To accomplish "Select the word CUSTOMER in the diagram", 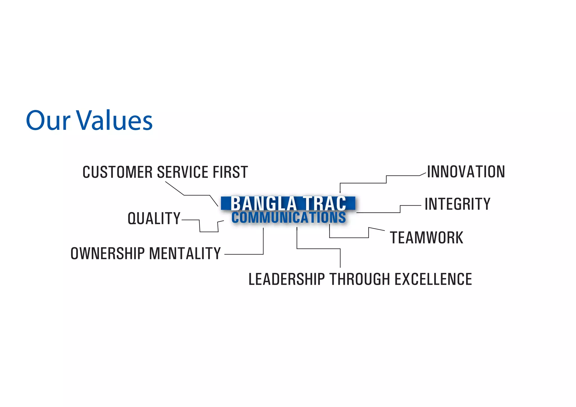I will pyautogui.click(x=118, y=172).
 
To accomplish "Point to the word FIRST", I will pyautogui.click(x=230, y=172).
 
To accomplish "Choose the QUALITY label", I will pyautogui.click(x=154, y=218).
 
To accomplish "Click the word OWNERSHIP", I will pyautogui.click(x=108, y=253).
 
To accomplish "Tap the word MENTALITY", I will pyautogui.click(x=185, y=253).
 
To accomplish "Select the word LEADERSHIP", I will pyautogui.click(x=287, y=279).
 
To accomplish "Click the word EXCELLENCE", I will pyautogui.click(x=433, y=279).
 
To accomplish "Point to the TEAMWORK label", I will pyautogui.click(x=426, y=238).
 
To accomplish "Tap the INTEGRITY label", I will pyautogui.click(x=457, y=204).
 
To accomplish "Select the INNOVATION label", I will pyautogui.click(x=466, y=171).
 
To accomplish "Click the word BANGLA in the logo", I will pyautogui.click(x=264, y=203).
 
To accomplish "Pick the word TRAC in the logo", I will pyautogui.click(x=324, y=203).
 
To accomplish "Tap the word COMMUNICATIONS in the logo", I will pyautogui.click(x=289, y=218).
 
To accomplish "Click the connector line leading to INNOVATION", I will pyautogui.click(x=363, y=183).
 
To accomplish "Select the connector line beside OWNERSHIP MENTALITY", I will pyautogui.click(x=244, y=254).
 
